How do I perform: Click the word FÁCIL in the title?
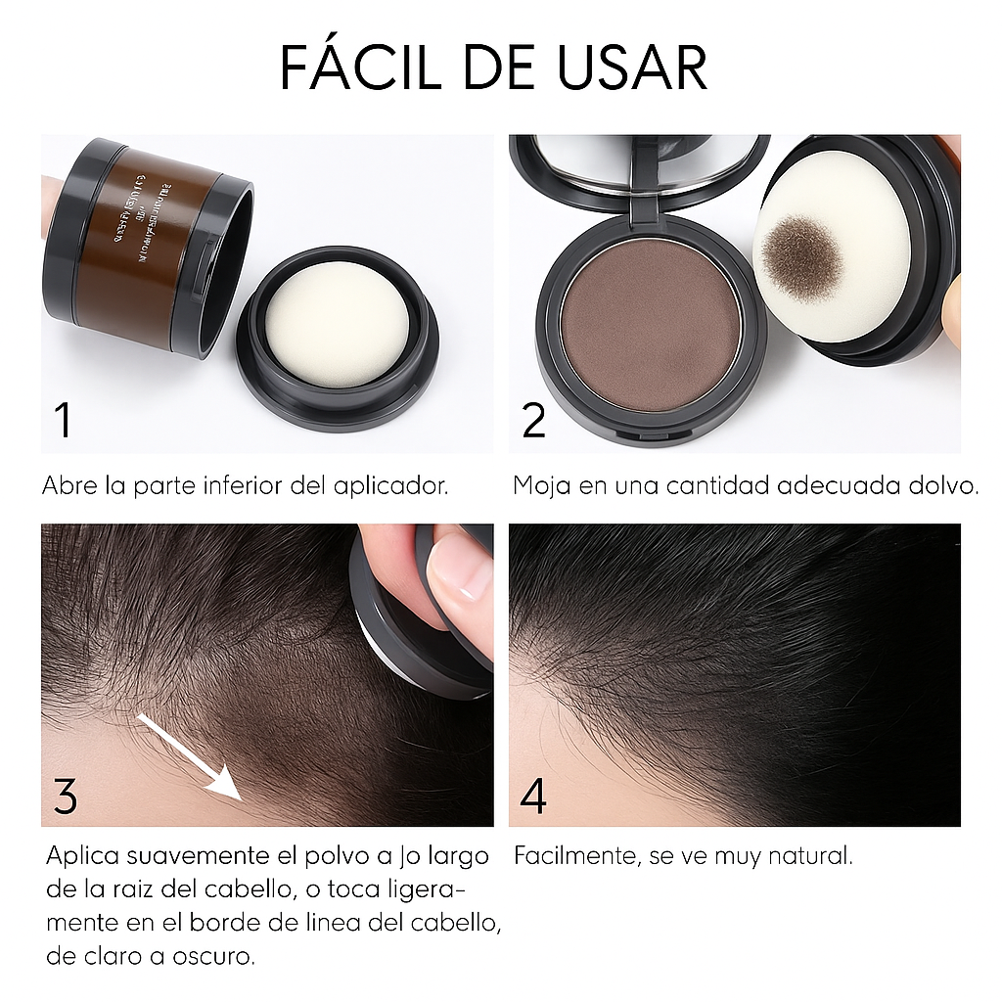pyautogui.click(x=357, y=68)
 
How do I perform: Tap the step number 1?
pyautogui.click(x=63, y=421)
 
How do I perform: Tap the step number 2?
pyautogui.click(x=533, y=421)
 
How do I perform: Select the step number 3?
pyautogui.click(x=65, y=797)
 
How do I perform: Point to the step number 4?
pyautogui.click(x=533, y=797)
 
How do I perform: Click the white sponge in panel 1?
pyautogui.click(x=338, y=323)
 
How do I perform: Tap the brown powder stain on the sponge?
pyautogui.click(x=802, y=256)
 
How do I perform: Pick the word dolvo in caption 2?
pyautogui.click(x=943, y=486)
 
